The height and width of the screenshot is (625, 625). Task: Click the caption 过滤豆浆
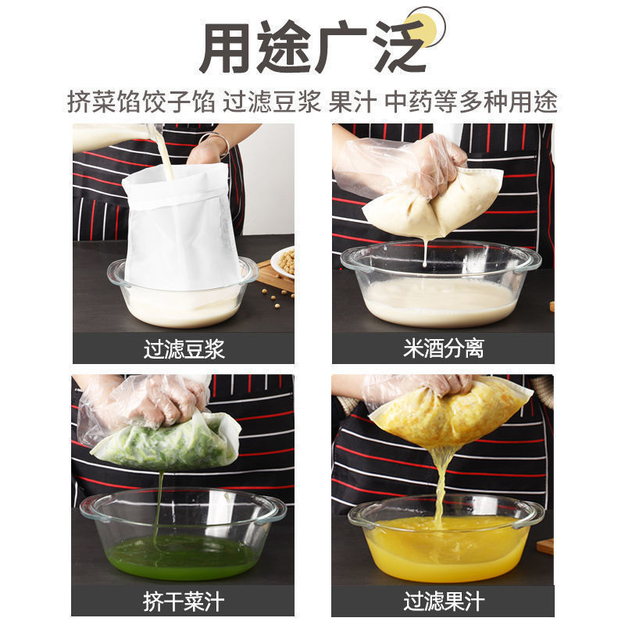184,348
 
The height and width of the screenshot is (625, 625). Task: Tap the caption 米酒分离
443,348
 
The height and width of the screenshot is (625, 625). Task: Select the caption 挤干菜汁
184,601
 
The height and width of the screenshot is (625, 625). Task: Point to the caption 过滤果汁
443,601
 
